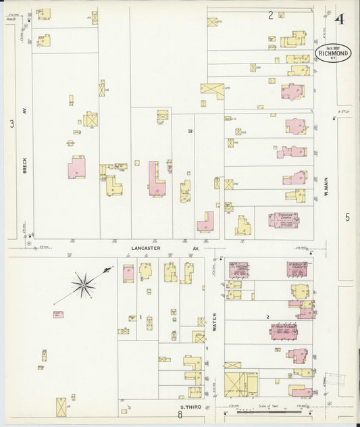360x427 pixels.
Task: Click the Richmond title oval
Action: pos(332,53)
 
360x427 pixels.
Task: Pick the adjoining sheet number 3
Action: pos(11,124)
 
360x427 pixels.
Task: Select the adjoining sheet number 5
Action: pos(347,217)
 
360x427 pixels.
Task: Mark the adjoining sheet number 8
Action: pos(180,416)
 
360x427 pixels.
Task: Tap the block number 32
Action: pos(190,131)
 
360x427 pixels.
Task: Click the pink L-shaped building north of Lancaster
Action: pos(156,179)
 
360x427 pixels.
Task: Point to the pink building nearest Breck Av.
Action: pos(76,167)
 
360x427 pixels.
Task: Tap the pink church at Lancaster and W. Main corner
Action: pos(297,269)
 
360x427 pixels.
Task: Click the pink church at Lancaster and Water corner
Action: pos(238,270)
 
